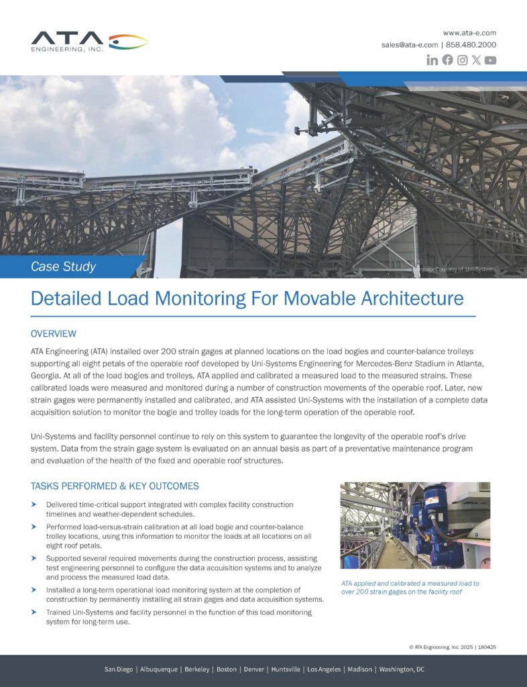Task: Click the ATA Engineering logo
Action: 89,41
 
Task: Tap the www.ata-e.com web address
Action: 469,32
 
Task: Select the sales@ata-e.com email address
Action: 410,45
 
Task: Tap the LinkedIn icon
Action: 432,60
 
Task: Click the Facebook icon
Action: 447,60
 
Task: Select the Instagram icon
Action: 462,60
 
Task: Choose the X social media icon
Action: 476,60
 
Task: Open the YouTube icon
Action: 490,60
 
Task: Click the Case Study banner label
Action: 64,266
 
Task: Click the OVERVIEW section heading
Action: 54,333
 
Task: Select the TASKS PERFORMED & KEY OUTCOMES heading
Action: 115,486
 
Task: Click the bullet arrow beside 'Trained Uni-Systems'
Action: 34,613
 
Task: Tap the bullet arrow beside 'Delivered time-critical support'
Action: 34,505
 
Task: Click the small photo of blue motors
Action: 415,525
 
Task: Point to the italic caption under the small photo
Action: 410,588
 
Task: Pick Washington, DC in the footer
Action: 402,670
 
